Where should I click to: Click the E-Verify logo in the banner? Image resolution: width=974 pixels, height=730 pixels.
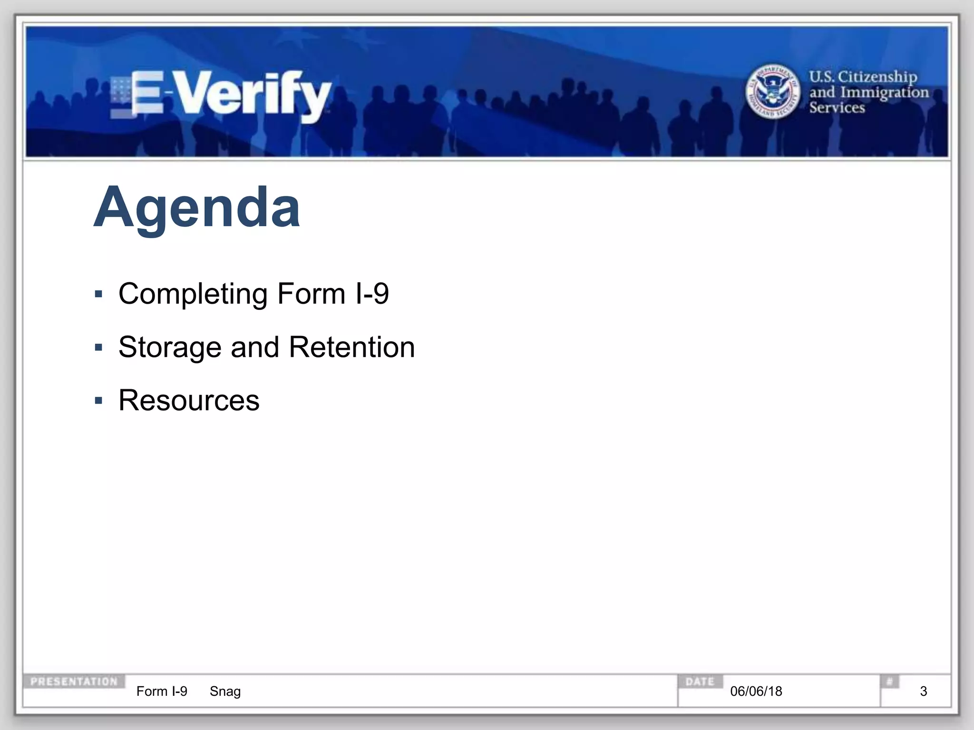pos(221,95)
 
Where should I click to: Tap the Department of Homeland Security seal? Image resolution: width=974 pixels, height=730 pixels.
pos(772,92)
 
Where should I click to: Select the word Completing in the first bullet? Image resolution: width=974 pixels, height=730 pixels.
pos(193,294)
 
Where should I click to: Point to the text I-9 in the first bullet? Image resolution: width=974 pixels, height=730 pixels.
pos(372,294)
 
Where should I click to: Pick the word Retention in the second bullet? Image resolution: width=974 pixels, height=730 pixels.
pos(352,347)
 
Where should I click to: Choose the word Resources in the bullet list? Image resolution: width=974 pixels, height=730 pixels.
pos(189,400)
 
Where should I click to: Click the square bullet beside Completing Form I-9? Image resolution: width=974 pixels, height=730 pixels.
pos(99,294)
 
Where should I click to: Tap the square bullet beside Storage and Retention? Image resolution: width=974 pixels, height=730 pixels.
pos(99,347)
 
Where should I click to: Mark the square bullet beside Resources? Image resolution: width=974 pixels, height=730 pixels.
pos(99,401)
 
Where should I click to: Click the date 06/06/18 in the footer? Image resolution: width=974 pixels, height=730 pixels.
pos(756,691)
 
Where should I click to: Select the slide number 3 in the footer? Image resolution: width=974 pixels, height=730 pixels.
pos(924,691)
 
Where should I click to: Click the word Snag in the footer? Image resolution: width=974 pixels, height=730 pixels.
pos(225,691)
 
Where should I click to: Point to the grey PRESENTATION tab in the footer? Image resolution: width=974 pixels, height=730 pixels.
pos(74,682)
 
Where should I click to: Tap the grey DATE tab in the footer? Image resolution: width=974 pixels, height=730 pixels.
pos(700,682)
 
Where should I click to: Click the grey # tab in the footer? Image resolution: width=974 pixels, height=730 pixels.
pos(889,682)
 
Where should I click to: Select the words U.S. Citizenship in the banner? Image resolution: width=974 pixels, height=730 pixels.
pos(863,76)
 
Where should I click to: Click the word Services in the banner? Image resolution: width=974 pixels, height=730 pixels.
pos(837,107)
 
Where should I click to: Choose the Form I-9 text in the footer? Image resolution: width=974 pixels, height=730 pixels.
pos(162,691)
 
